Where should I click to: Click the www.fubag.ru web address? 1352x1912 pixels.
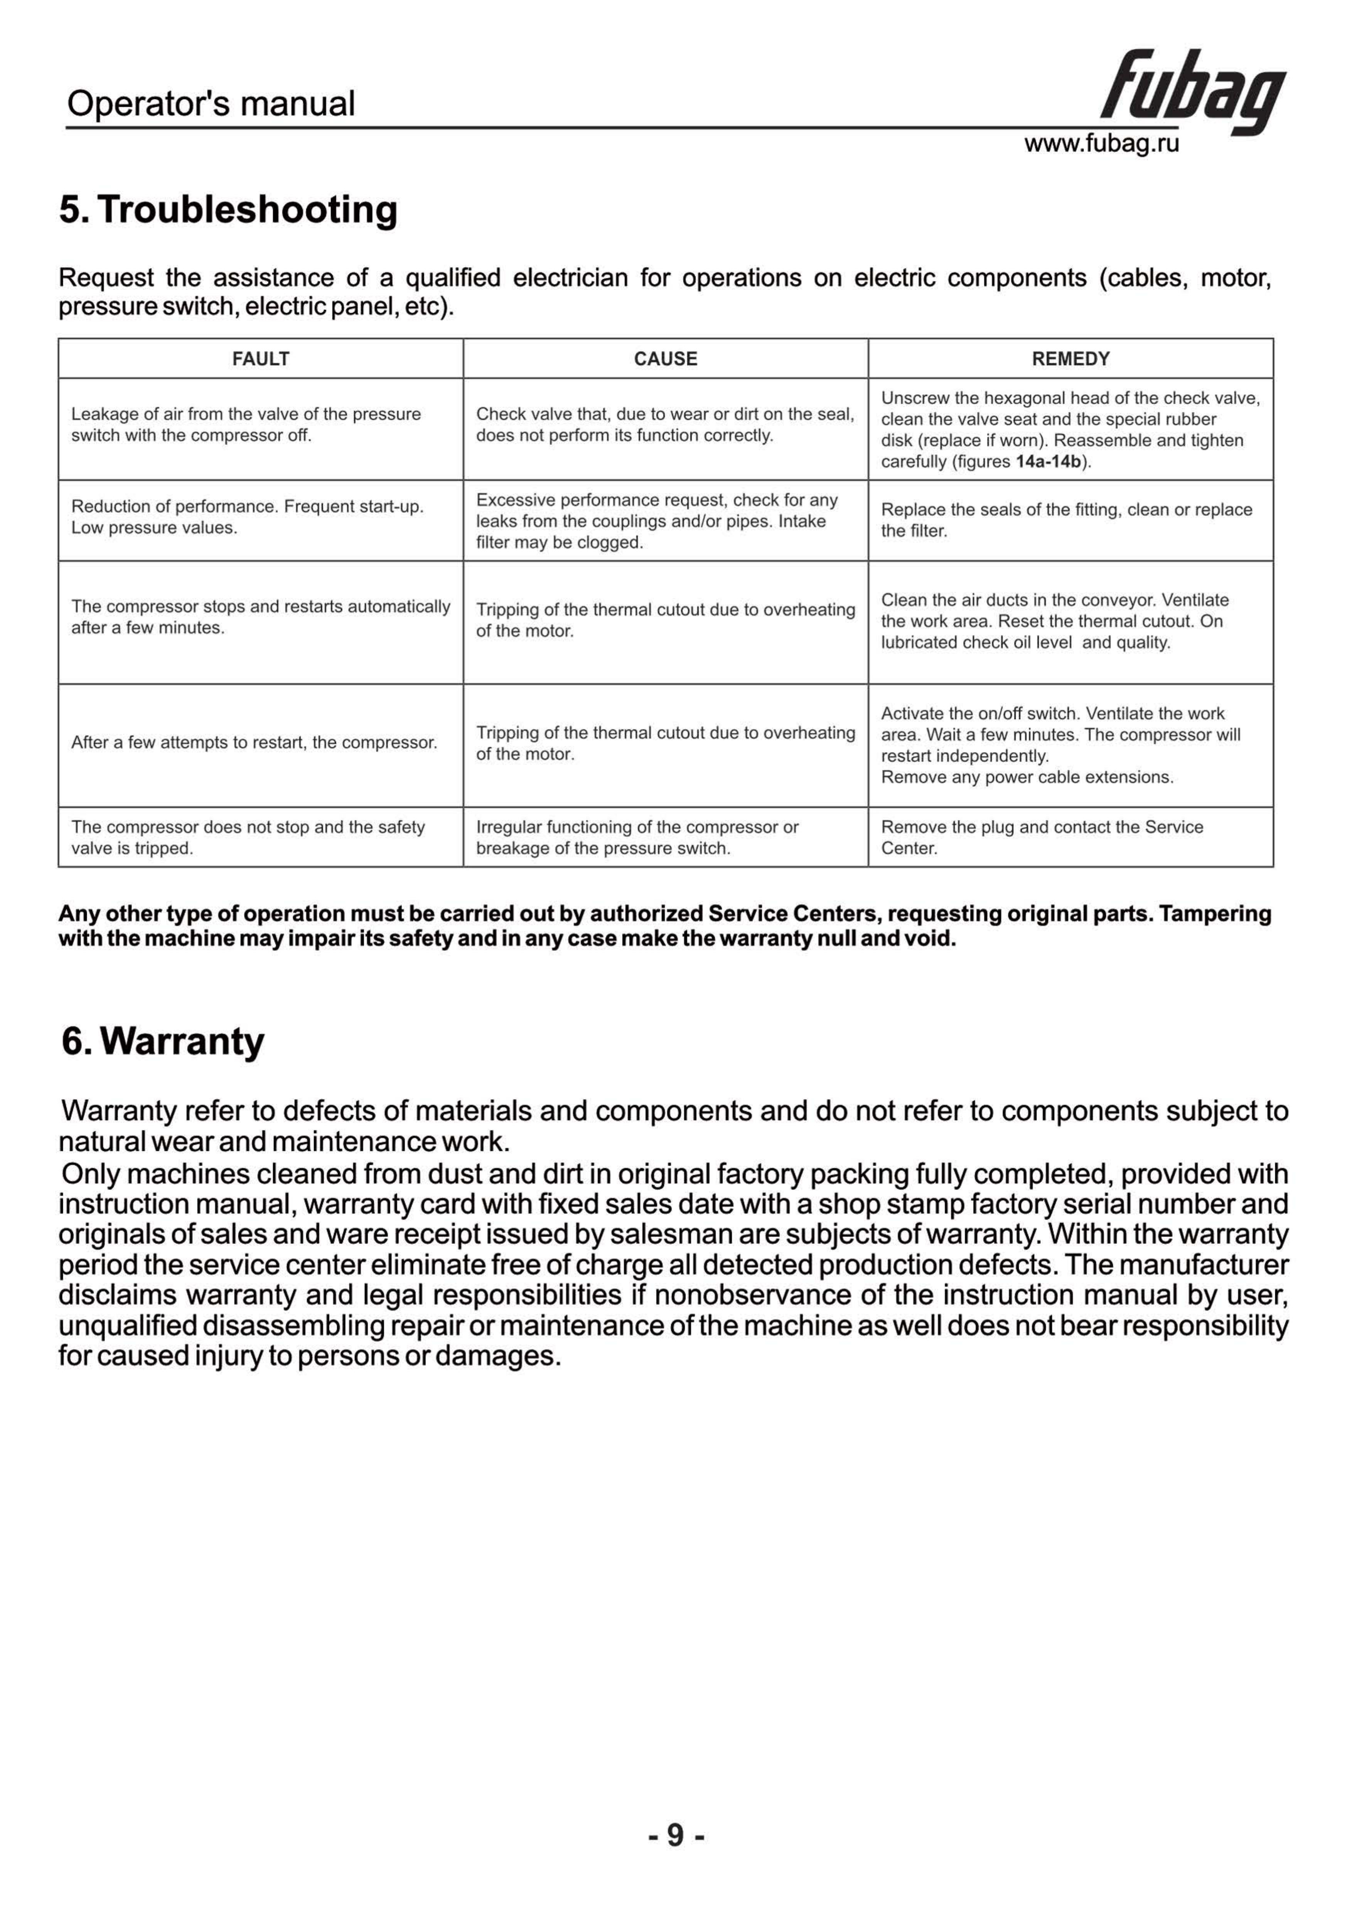pyautogui.click(x=1101, y=144)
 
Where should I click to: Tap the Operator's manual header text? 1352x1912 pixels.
pyautogui.click(x=211, y=104)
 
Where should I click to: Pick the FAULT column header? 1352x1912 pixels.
pyautogui.click(x=261, y=359)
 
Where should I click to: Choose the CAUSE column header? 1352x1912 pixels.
pyautogui.click(x=666, y=359)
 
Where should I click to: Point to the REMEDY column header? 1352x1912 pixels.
pyautogui.click(x=1070, y=359)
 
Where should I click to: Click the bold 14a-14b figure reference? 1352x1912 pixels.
pyautogui.click(x=1048, y=462)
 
